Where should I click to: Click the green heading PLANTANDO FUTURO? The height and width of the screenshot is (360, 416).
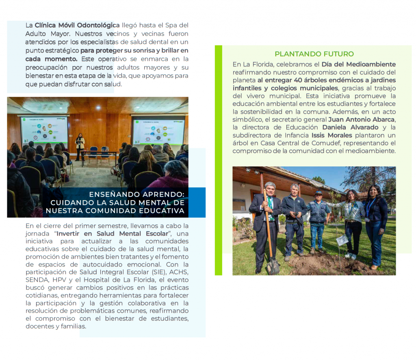[x=314, y=54]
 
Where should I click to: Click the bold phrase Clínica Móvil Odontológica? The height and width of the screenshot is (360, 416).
[x=77, y=25]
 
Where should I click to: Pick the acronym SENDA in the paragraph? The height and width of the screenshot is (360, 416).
[x=36, y=280]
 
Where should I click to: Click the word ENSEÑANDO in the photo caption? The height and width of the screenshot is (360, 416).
[x=112, y=194]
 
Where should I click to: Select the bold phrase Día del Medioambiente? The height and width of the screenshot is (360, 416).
[x=358, y=64]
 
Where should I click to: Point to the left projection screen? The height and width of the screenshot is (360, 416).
[x=44, y=130]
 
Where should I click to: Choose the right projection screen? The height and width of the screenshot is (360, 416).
[x=158, y=130]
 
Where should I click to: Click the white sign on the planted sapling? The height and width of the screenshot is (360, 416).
[x=342, y=240]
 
